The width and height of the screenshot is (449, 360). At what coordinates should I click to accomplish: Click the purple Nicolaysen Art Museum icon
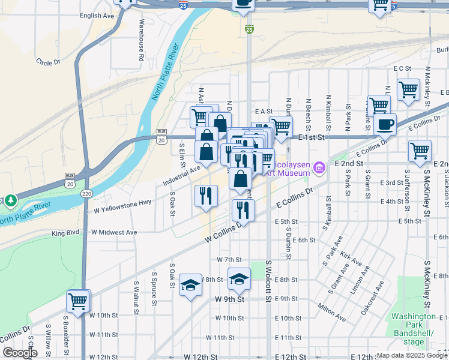(319, 167)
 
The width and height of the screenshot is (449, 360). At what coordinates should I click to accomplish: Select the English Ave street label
(96, 16)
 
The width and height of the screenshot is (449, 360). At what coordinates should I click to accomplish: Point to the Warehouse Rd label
(142, 40)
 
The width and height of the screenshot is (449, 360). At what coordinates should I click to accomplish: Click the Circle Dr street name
(49, 61)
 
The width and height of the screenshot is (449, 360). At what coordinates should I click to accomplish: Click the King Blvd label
(65, 233)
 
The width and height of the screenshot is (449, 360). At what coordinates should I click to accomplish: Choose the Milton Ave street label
(332, 312)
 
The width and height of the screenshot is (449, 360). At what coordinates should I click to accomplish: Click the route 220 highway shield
(87, 193)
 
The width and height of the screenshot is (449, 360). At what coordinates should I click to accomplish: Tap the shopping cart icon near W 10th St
(77, 301)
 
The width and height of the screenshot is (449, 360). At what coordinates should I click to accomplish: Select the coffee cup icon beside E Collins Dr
(385, 125)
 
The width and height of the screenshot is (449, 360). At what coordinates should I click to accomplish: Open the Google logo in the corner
(19, 353)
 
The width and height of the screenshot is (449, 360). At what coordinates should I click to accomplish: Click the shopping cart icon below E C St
(408, 89)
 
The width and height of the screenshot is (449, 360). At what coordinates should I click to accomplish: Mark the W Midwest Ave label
(114, 232)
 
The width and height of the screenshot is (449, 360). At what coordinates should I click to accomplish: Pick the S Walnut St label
(136, 298)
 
